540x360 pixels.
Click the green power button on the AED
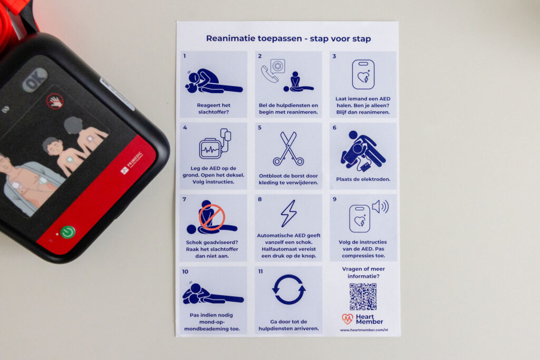point(68,231)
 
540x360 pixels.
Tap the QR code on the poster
point(363,297)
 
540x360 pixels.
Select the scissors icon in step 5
point(288,149)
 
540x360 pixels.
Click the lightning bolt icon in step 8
point(288,213)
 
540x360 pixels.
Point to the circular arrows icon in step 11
point(288,289)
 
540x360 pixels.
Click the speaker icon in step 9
point(380,207)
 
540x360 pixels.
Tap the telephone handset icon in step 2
point(269,74)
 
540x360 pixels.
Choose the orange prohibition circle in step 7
point(212,217)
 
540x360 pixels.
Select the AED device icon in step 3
point(363,74)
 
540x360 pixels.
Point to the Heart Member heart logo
point(348,319)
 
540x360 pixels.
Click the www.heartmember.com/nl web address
point(364,330)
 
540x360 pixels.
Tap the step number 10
point(185,271)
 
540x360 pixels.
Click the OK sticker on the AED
point(35,80)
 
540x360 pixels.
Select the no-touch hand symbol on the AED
point(55,101)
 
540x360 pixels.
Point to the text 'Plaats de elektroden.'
point(363,179)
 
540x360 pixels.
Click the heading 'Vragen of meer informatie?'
point(363,273)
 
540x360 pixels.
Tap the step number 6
point(334,128)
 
